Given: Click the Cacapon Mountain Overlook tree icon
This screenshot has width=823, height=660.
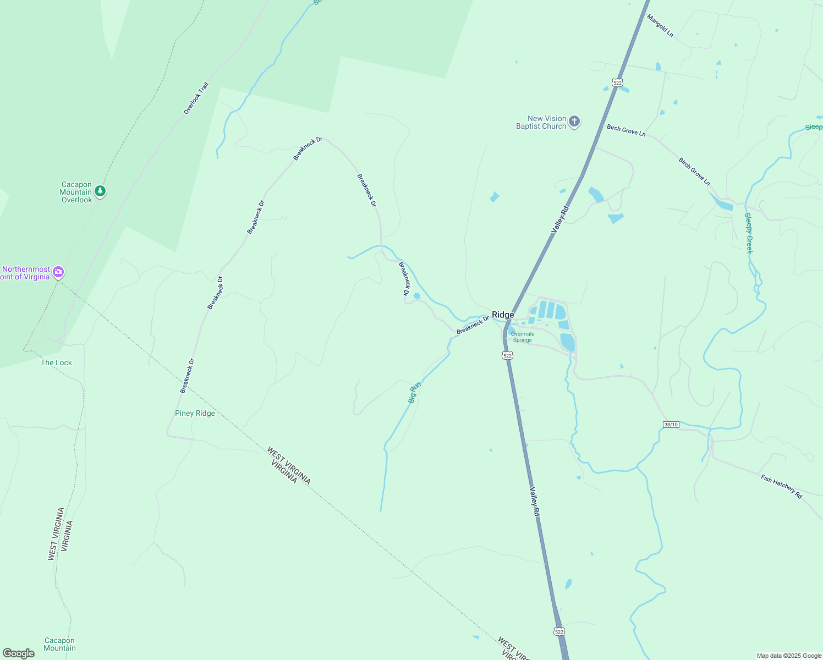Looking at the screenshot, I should click(x=100, y=191).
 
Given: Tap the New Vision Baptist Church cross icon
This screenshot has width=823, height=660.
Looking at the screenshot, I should click(x=574, y=122).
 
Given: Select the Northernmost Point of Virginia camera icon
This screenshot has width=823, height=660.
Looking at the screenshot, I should click(x=58, y=272).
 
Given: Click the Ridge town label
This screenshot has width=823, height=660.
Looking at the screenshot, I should click(x=503, y=315).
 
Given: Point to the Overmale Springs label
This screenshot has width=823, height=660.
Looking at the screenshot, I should click(x=522, y=337).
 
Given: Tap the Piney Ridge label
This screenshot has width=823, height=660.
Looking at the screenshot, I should click(x=195, y=414).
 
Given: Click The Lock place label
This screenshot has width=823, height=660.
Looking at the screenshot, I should click(x=56, y=362).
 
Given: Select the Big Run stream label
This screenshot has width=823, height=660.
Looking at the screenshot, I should click(x=414, y=392).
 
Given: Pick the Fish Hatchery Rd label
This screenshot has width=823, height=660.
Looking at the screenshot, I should click(x=781, y=486).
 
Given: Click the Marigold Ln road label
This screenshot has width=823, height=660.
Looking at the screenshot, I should click(x=660, y=26).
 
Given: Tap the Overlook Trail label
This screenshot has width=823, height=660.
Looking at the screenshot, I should click(x=196, y=98).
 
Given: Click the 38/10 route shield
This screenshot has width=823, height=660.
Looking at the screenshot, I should click(x=671, y=425).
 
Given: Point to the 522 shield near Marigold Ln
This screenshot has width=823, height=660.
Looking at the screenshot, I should click(x=617, y=83).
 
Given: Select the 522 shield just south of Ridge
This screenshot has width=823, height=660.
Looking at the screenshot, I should click(x=507, y=356).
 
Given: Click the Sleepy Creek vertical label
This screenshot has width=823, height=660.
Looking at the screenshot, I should click(x=748, y=233).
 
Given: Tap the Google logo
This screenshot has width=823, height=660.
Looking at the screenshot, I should click(x=19, y=653).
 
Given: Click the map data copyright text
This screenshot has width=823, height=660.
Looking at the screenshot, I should click(x=789, y=656).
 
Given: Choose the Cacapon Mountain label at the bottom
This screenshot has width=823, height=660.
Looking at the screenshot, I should click(x=59, y=644).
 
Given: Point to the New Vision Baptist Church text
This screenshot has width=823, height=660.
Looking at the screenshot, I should click(x=541, y=122).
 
